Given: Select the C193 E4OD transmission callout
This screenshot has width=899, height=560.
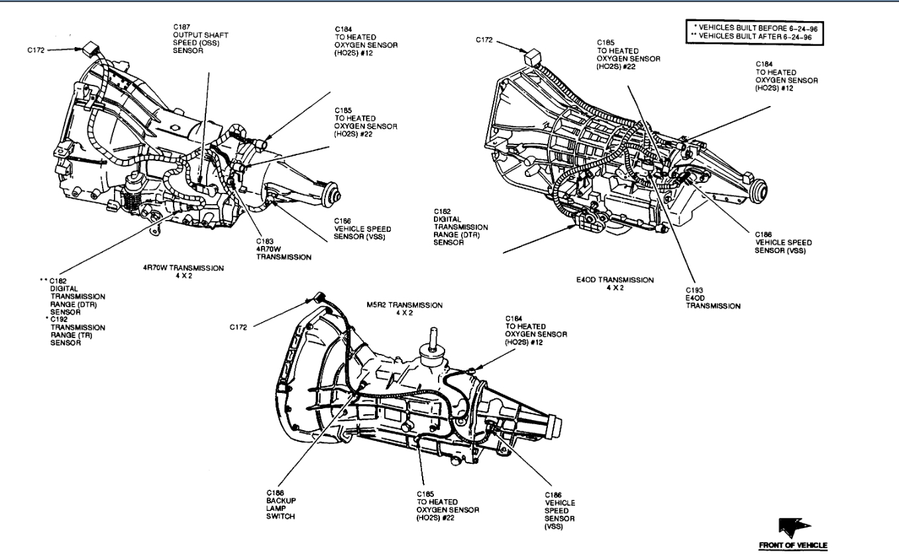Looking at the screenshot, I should coord(713,298).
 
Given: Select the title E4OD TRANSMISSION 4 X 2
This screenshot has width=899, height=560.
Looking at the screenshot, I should coord(615,283).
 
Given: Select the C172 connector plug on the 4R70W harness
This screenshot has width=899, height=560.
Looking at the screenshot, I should coord(87,48).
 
